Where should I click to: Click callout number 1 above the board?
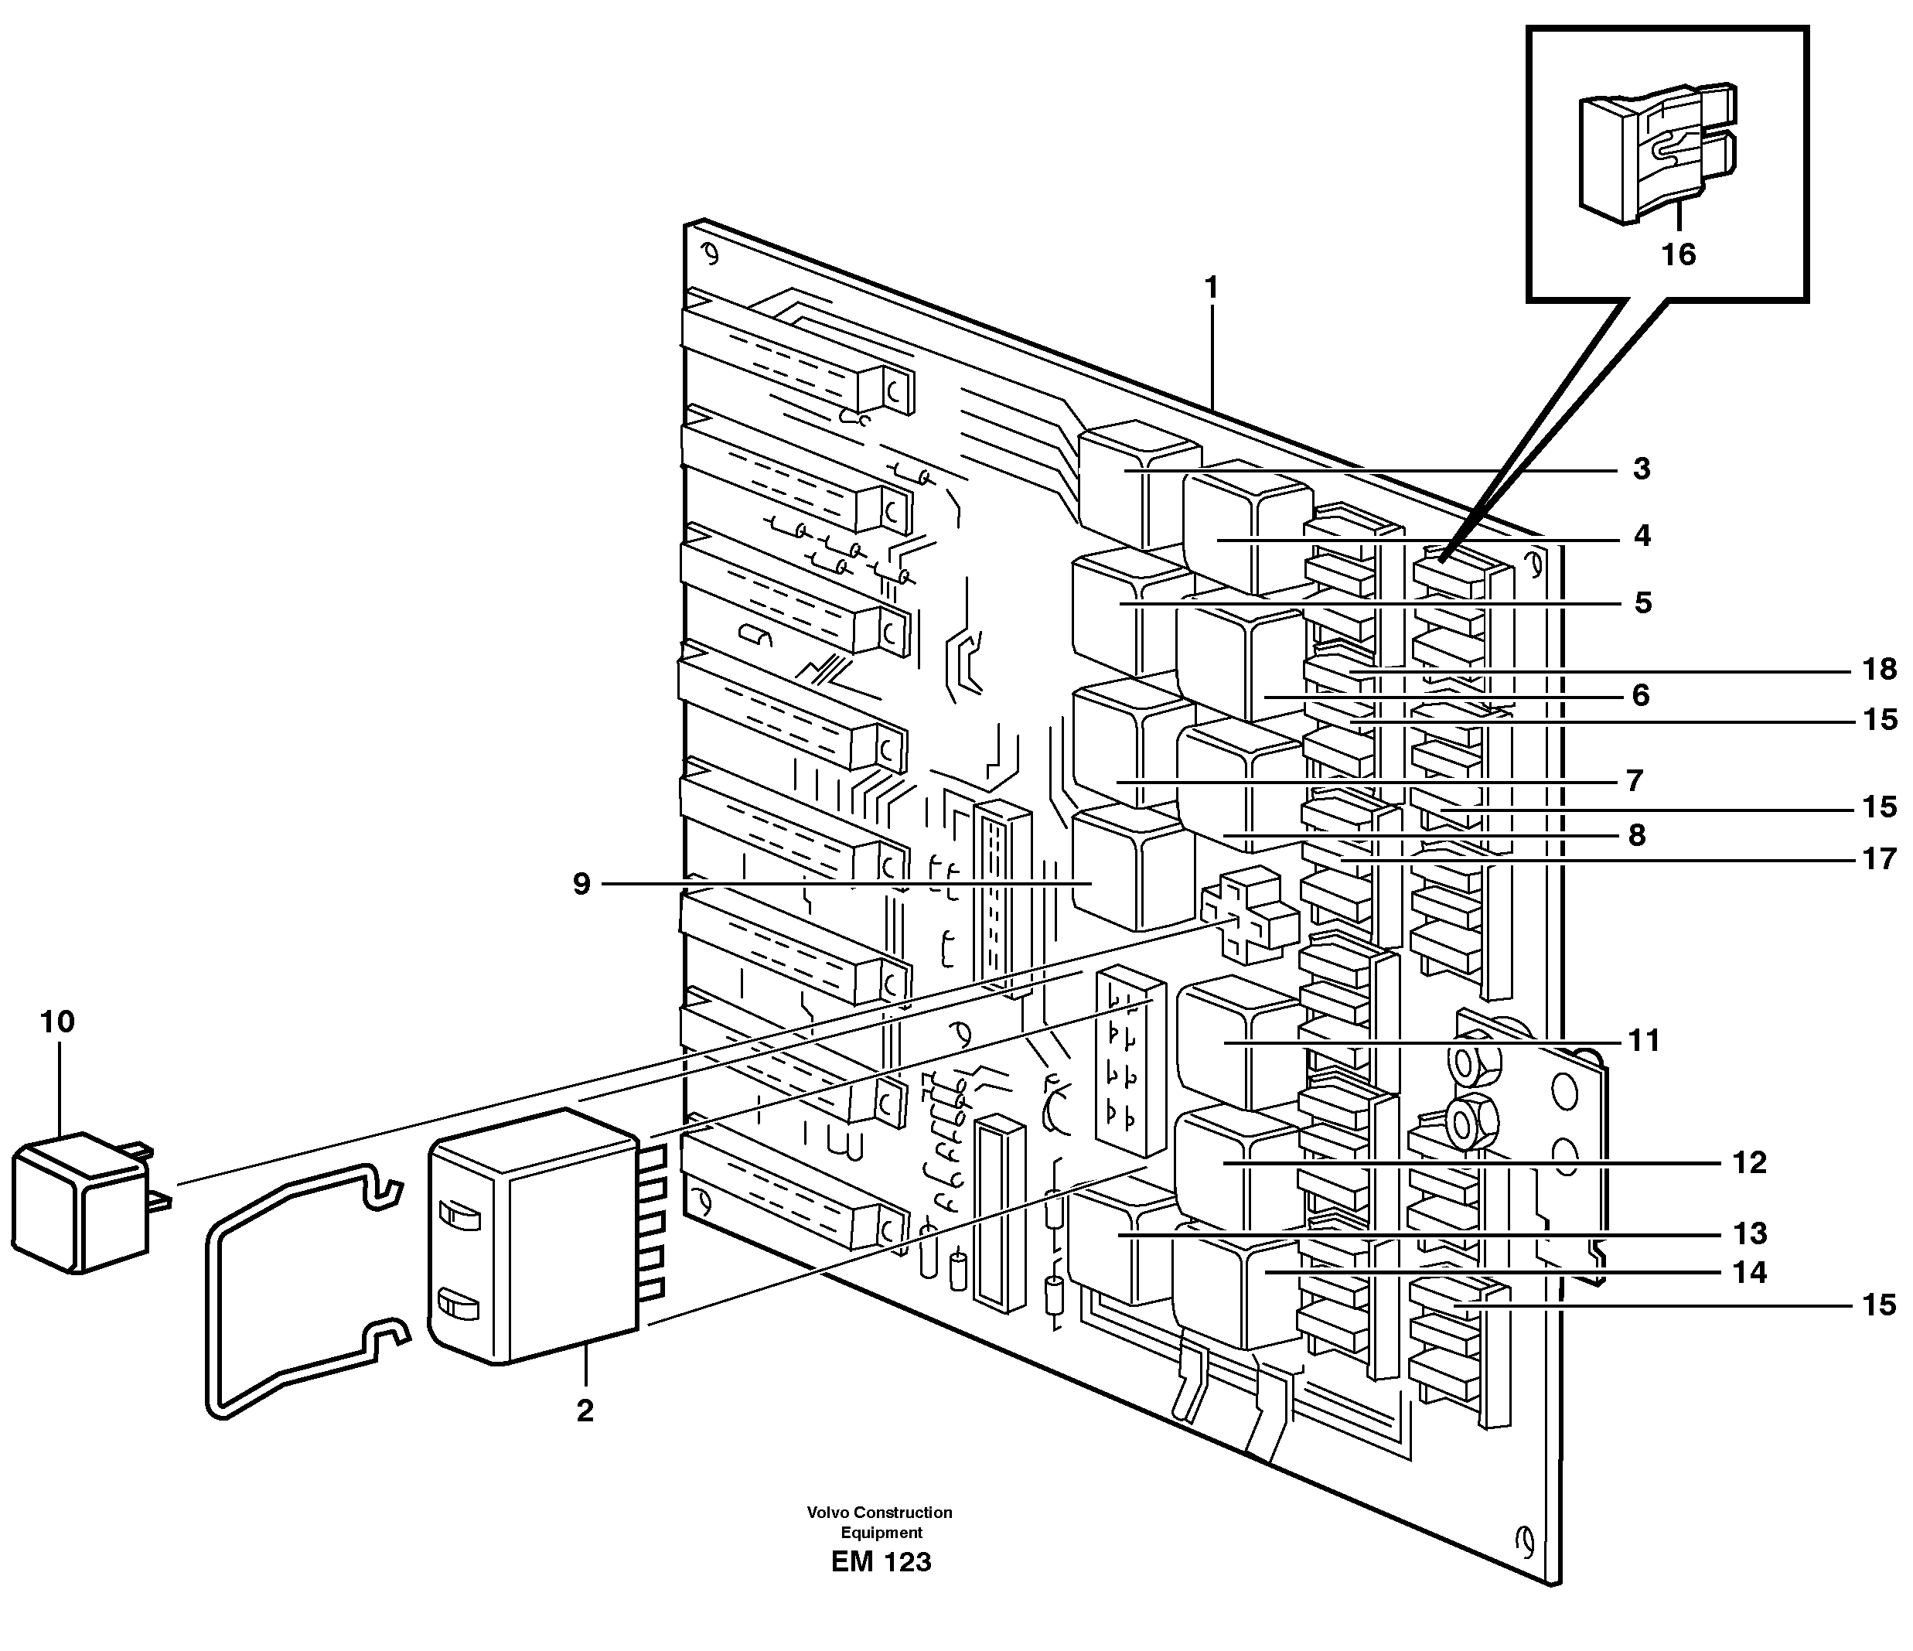pos(1212,288)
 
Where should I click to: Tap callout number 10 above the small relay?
pos(57,1022)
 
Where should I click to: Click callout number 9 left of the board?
pos(581,884)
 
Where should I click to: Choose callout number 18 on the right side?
pos(1879,669)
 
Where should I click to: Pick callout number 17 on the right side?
pos(1879,860)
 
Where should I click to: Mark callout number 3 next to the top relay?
pos(1641,469)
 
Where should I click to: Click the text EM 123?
pos(881,1562)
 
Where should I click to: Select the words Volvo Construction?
pos(879,1513)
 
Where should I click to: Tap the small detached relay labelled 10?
pos(81,1205)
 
